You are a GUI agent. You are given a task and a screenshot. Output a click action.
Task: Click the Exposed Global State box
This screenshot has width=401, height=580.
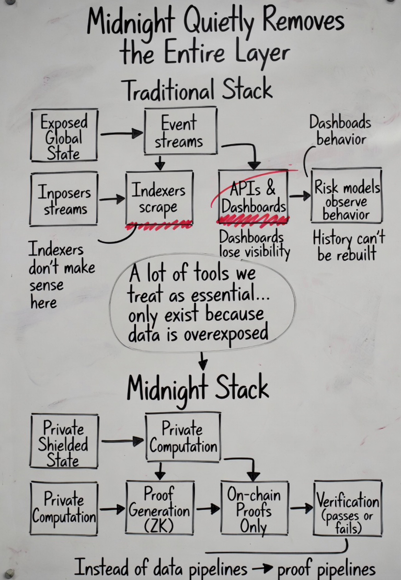click(64, 136)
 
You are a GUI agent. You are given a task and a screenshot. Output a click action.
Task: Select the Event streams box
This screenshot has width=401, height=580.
click(179, 131)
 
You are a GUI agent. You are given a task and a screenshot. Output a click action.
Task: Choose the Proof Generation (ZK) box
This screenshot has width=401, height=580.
click(160, 509)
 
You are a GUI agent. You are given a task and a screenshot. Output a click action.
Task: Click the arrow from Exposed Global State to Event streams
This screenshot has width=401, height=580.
click(121, 133)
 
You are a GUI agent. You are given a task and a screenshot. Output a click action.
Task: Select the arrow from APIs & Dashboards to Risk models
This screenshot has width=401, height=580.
click(300, 196)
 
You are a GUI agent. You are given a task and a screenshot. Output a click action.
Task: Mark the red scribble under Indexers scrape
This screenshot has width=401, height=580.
click(158, 226)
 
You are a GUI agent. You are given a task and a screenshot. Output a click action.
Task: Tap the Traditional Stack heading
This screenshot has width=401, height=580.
click(197, 90)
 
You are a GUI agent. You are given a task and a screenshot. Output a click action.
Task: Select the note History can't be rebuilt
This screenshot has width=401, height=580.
click(348, 246)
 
